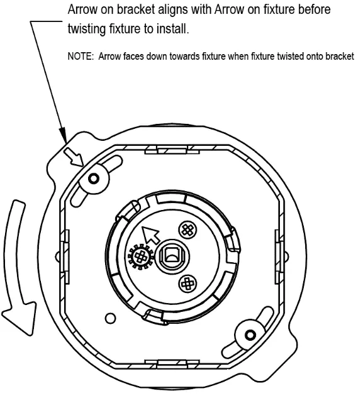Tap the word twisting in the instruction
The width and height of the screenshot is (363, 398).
point(87,29)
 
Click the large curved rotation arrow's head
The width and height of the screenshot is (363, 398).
point(20,318)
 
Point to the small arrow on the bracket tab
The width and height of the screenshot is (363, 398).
point(74,157)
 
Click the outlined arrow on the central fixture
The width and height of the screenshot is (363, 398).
point(150,235)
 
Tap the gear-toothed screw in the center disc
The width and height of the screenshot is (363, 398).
point(141,257)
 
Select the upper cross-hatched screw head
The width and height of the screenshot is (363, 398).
point(188,229)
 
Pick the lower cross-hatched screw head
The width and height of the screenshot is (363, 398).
point(187,284)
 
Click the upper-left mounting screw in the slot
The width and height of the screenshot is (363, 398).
point(94,179)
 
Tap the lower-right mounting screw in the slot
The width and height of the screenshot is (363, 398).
point(250,335)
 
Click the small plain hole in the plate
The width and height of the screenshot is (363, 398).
point(110,318)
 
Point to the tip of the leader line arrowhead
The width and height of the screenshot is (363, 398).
point(66,142)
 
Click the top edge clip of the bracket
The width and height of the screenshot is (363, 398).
point(172,150)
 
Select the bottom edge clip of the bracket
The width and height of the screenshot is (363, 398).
point(172,364)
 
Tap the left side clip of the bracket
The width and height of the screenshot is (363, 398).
point(65,257)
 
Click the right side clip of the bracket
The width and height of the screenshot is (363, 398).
point(279,257)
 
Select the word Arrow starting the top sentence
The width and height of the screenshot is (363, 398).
point(82,9)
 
